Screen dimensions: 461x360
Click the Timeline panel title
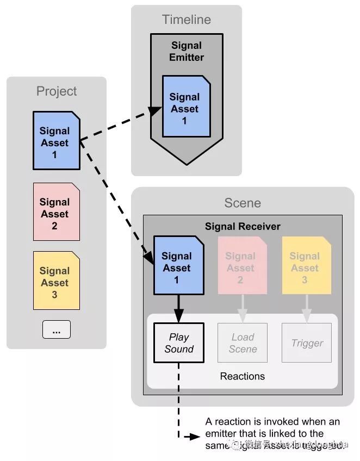click(x=186, y=20)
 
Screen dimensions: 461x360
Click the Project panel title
click(x=57, y=91)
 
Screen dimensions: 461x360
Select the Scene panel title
click(x=243, y=203)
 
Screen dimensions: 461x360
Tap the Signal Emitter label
click(x=187, y=52)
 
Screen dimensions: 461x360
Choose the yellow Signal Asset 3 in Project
click(x=55, y=282)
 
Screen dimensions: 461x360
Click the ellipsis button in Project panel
click(x=56, y=329)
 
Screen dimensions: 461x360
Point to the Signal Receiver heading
click(x=243, y=226)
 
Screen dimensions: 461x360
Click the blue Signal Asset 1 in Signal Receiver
click(x=178, y=267)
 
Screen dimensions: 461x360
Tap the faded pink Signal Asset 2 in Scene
click(x=241, y=267)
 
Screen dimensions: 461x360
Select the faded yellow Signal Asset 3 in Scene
click(x=305, y=267)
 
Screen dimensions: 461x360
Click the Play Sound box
click(x=178, y=342)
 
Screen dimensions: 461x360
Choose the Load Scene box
click(x=243, y=342)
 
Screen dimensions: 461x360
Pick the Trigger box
click(x=307, y=342)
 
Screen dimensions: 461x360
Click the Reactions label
click(x=243, y=376)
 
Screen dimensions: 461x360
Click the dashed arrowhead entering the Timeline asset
click(x=156, y=111)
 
